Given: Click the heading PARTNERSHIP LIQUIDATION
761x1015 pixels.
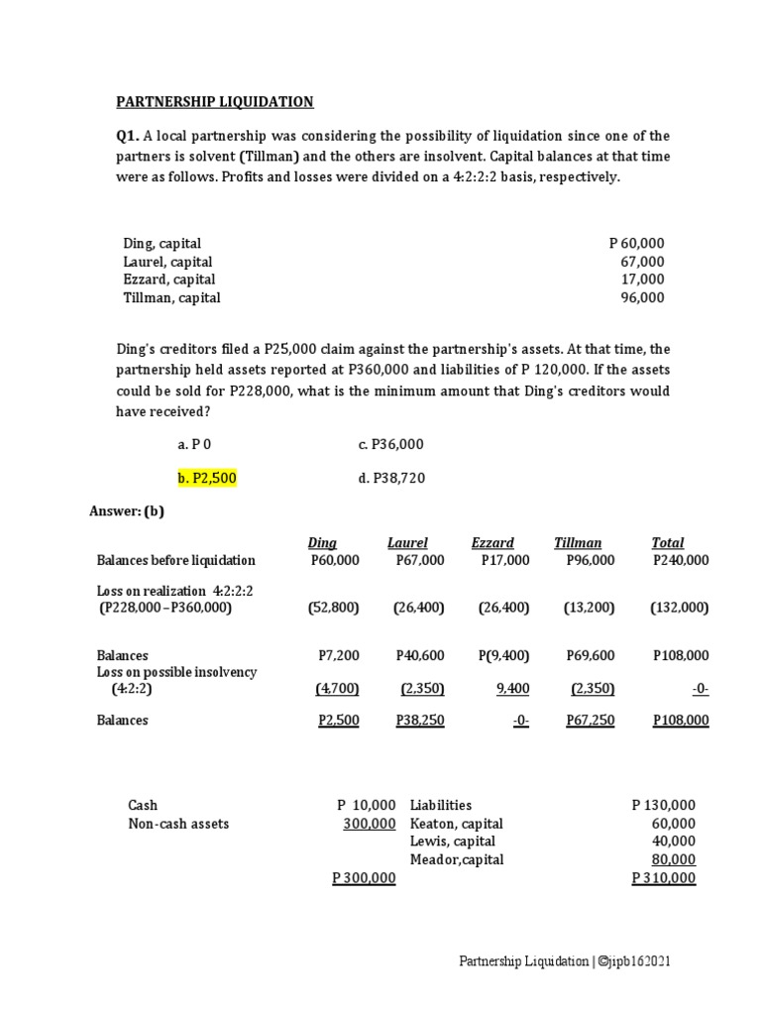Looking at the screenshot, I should tap(215, 101).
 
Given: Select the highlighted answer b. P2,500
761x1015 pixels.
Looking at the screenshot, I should tap(207, 479).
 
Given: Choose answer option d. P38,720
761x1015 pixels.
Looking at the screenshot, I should tap(391, 479).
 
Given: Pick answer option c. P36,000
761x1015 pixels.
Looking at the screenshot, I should tap(390, 445).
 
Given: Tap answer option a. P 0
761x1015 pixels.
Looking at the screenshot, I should tap(194, 445).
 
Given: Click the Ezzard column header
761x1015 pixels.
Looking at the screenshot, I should tap(492, 542).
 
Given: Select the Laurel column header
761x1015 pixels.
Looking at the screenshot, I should tap(407, 542).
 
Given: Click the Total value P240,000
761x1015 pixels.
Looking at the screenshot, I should tap(681, 560).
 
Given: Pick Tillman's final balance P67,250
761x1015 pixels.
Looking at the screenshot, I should tap(590, 721).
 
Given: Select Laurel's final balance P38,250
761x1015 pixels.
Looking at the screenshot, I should tap(419, 721).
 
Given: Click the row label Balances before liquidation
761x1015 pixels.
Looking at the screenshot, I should tap(175, 560).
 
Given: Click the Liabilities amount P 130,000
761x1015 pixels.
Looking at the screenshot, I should tap(663, 805).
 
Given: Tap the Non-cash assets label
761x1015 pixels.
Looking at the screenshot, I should tap(178, 824).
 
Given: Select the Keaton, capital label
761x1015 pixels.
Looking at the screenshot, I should tap(456, 824).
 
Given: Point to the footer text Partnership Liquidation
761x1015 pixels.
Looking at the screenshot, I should tap(522, 961).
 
